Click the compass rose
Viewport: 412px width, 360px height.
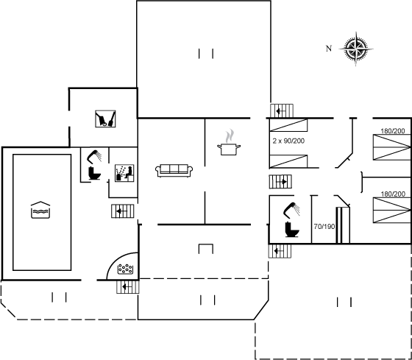(356, 49)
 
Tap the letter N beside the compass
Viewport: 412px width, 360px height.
(329, 49)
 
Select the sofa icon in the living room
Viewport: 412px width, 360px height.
(174, 171)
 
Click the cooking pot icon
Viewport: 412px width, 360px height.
(229, 149)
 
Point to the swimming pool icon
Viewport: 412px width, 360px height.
(40, 210)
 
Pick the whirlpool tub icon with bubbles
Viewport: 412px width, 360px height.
(125, 269)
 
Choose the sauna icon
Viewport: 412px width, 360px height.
(124, 173)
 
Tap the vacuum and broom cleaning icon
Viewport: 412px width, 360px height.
(105, 119)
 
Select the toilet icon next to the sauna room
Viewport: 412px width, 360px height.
(94, 173)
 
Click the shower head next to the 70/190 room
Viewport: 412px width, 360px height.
(291, 210)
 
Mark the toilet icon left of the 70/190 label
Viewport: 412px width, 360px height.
(292, 230)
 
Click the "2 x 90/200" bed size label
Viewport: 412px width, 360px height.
(288, 141)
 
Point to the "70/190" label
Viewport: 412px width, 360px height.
(324, 227)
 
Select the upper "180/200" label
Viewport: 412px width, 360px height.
(393, 131)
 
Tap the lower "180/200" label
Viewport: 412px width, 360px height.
(393, 194)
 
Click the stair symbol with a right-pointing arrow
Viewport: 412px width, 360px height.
(280, 182)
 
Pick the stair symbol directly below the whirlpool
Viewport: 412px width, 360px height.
(128, 287)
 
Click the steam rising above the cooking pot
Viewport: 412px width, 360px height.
(230, 135)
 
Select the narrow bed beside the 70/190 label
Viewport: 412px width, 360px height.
(343, 225)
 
